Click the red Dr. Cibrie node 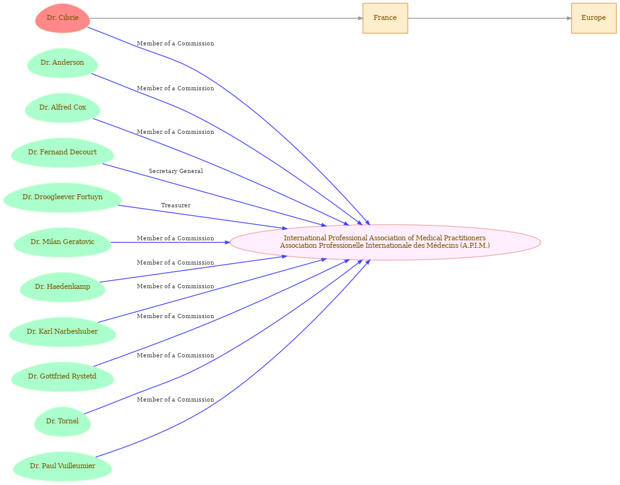(x=62, y=18)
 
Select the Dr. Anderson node (x=62, y=63)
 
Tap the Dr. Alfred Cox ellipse (x=62, y=108)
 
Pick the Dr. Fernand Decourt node (x=62, y=153)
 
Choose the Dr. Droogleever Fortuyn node (x=62, y=197)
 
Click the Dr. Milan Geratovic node (x=62, y=242)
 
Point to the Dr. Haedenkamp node (x=62, y=287)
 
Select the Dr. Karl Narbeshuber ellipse (x=62, y=332)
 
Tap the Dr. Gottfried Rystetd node (x=62, y=377)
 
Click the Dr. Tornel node (x=62, y=421)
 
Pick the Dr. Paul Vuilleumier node (x=62, y=466)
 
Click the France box (x=385, y=18)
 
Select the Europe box (x=593, y=18)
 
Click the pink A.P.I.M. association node (x=385, y=242)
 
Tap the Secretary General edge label (x=176, y=171)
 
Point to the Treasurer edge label (x=176, y=205)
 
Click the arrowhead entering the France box (x=360, y=18)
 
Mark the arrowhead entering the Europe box (x=569, y=18)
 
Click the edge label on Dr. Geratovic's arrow (x=176, y=238)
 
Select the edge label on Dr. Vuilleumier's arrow (x=176, y=400)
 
